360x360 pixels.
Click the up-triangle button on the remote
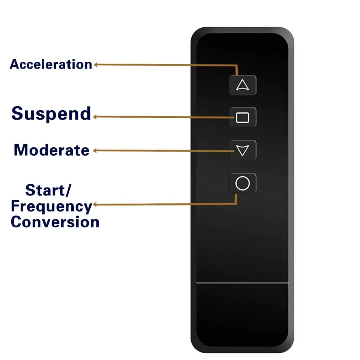[x=243, y=85]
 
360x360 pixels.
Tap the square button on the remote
[x=243, y=117]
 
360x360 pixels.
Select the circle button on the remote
[x=243, y=183]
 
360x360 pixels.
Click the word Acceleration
[x=51, y=64]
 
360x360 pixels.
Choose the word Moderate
[x=51, y=150]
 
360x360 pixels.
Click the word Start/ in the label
[x=48, y=190]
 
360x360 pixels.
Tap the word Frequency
[x=51, y=207]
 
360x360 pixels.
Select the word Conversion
[x=55, y=222]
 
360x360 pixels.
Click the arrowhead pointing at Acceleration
[x=96, y=64]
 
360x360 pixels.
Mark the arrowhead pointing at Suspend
[x=95, y=117]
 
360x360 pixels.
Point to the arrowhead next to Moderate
[x=95, y=151]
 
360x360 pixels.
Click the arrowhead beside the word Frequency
[x=95, y=204]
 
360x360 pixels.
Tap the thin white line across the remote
[x=242, y=283]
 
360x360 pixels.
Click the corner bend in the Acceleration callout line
[x=237, y=66]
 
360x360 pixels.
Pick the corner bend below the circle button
[x=236, y=203]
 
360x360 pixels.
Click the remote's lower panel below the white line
[x=242, y=315]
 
